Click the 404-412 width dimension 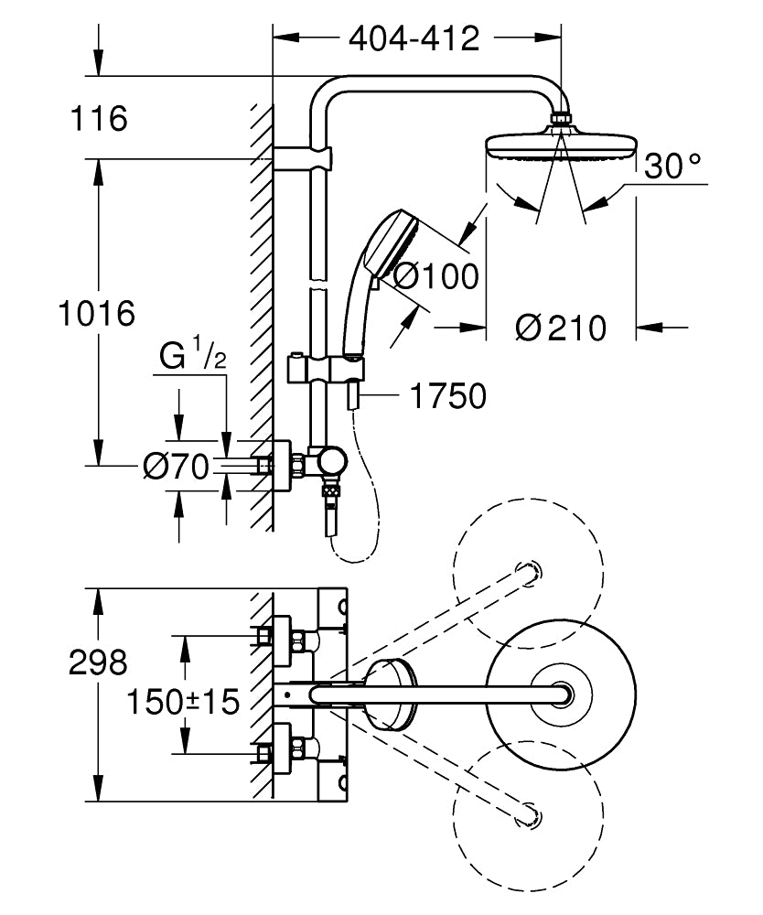click(414, 38)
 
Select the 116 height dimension click(101, 118)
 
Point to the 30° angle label click(672, 166)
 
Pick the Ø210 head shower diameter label click(561, 327)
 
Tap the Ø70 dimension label click(176, 467)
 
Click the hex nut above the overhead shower click(562, 119)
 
